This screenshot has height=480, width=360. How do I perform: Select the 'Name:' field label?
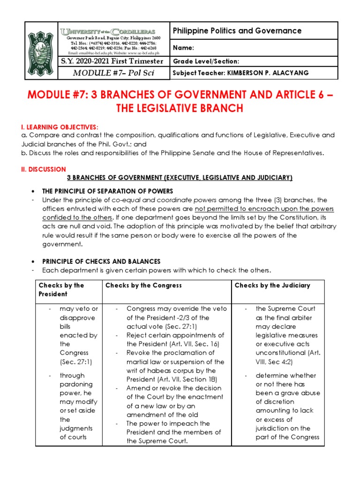(183, 48)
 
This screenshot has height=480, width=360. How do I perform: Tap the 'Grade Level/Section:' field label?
(206, 61)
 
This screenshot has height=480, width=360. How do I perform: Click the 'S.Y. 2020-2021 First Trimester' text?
(112, 61)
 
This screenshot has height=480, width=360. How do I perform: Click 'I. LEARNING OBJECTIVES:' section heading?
(63, 127)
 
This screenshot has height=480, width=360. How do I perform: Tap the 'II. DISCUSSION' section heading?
(46, 169)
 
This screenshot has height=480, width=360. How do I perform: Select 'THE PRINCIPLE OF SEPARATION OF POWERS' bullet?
(108, 191)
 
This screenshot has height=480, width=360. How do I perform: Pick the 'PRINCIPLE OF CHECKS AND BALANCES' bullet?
(101, 262)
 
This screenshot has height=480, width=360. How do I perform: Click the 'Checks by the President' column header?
(61, 290)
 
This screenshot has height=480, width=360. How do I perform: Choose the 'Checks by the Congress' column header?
(143, 285)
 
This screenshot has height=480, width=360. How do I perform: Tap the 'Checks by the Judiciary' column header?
(272, 285)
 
